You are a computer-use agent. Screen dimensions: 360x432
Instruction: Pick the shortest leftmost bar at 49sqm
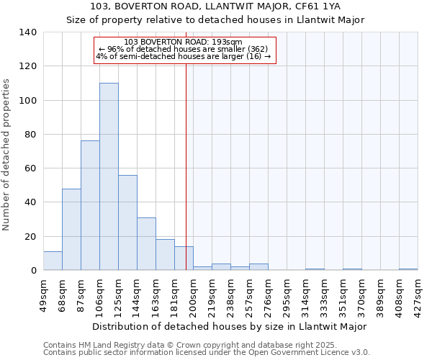[53, 261]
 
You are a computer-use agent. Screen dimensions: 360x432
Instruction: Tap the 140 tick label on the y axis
[28, 32]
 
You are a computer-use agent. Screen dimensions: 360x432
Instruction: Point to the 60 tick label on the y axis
[31, 168]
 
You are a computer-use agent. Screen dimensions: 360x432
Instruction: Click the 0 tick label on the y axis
[33, 271]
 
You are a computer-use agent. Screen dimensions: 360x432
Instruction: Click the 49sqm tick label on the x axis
[43, 295]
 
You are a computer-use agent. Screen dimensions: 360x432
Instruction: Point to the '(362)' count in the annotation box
[256, 49]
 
